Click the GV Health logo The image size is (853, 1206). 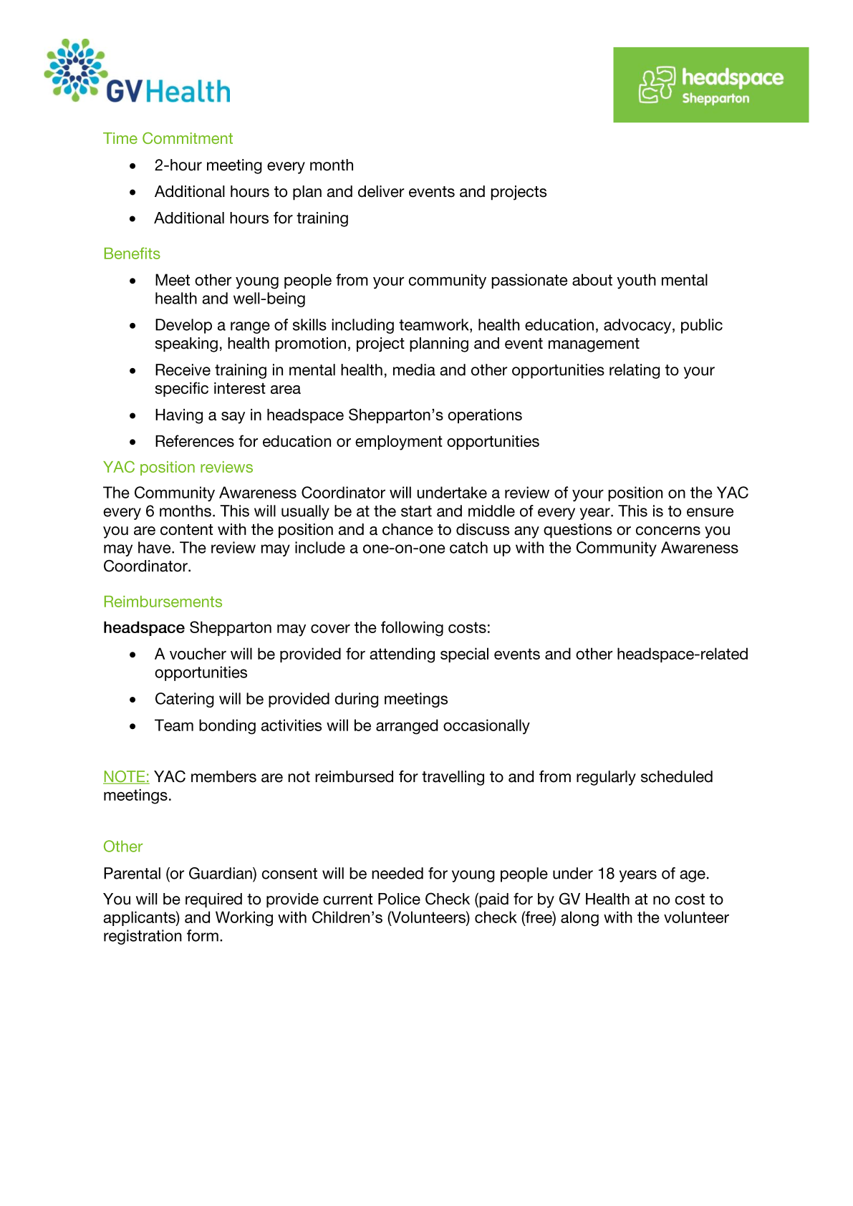tap(136, 72)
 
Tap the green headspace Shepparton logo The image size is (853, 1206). tap(710, 85)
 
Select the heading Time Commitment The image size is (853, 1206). tap(168, 139)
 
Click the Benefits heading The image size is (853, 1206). tap(132, 254)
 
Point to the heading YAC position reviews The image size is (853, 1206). tap(178, 468)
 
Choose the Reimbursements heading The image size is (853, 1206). tap(163, 602)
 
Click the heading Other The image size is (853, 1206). tap(122, 847)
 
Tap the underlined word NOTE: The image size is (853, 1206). tap(126, 777)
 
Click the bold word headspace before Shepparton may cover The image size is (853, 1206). tap(144, 628)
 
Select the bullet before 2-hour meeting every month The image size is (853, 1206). tap(132, 166)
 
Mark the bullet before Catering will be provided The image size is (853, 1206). tap(132, 700)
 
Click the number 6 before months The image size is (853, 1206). tap(150, 512)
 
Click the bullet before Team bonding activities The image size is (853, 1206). tap(132, 726)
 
